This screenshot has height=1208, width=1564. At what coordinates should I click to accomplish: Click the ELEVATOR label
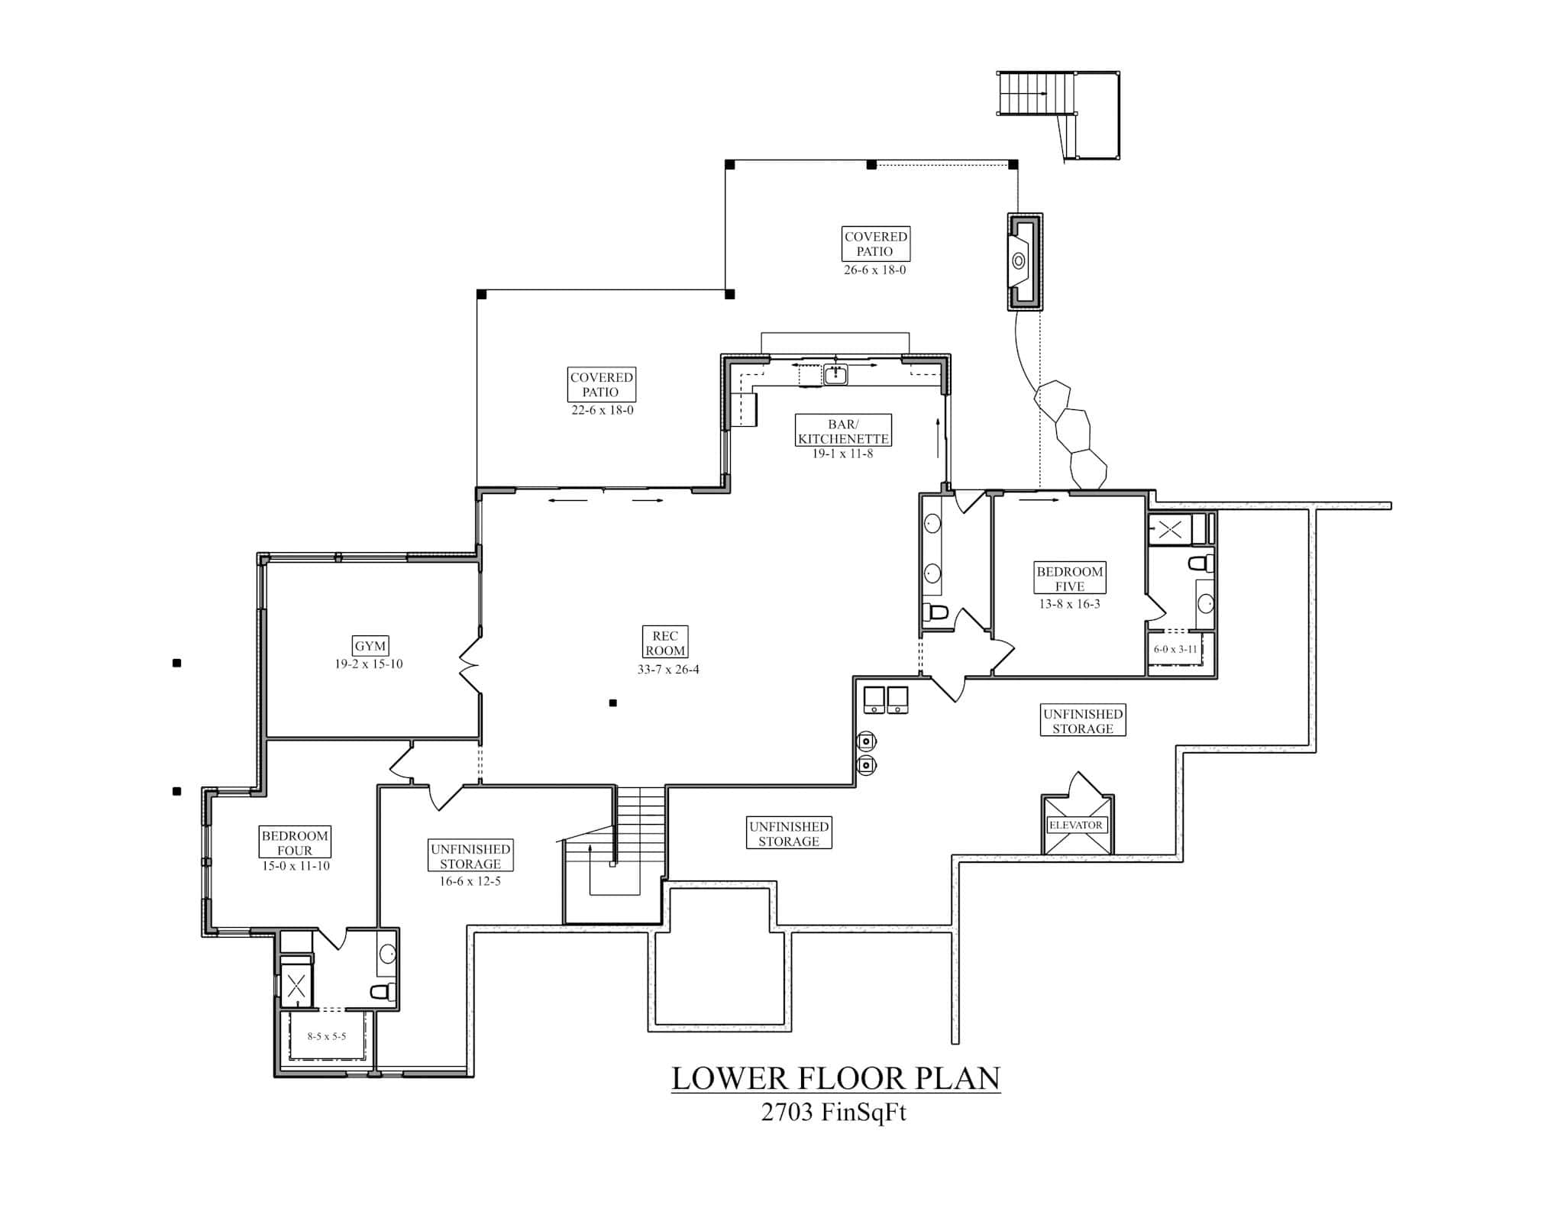click(1075, 825)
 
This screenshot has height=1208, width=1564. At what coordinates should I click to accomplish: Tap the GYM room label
click(370, 646)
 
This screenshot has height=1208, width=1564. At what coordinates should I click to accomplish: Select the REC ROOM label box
click(664, 643)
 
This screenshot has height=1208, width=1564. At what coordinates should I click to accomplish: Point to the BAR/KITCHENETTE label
click(843, 431)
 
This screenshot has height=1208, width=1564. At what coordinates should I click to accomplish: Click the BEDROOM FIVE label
click(1069, 579)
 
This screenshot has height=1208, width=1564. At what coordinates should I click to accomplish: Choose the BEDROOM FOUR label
click(295, 843)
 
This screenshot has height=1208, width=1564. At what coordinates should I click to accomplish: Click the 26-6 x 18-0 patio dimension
click(874, 270)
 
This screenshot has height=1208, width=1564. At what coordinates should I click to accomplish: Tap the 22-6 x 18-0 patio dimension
click(603, 410)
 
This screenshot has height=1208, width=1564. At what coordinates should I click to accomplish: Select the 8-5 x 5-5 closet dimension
click(327, 1036)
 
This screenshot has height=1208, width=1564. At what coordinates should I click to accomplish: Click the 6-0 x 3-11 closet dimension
click(1175, 650)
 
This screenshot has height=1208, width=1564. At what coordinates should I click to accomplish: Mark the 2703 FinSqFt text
click(833, 1113)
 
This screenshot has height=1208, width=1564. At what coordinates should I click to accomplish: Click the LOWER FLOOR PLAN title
click(835, 1078)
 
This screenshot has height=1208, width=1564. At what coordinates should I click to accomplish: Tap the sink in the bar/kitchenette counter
click(835, 374)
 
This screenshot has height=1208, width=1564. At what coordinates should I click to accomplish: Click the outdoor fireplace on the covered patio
click(1024, 261)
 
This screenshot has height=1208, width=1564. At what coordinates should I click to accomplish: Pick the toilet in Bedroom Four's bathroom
click(382, 992)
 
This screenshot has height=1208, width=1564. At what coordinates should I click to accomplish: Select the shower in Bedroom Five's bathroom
click(1169, 529)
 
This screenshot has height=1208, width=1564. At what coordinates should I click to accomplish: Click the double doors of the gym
click(469, 664)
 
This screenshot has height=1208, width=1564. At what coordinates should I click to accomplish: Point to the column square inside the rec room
click(612, 703)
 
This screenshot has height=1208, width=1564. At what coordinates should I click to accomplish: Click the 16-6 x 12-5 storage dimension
click(470, 881)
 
